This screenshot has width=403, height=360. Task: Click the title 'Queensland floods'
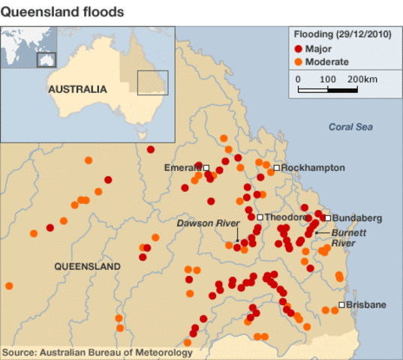pos(62,13)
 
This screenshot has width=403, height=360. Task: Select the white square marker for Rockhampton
pos(277,168)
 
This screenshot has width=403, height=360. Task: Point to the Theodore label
pos(286,217)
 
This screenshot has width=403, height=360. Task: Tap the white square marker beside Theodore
pos(260,217)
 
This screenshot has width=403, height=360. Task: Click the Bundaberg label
pos(356,217)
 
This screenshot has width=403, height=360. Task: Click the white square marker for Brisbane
pos(341,304)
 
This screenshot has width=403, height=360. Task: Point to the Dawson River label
pos(208,223)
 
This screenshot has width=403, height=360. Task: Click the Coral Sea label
pos(350,127)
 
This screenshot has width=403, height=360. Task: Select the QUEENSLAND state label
pos(87,266)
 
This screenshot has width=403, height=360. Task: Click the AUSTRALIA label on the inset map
pos(77,88)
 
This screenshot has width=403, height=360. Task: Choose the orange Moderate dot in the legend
pos(299,61)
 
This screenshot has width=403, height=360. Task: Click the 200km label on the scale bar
pos(362,79)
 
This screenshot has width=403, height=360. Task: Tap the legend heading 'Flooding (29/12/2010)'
pos(341,34)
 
